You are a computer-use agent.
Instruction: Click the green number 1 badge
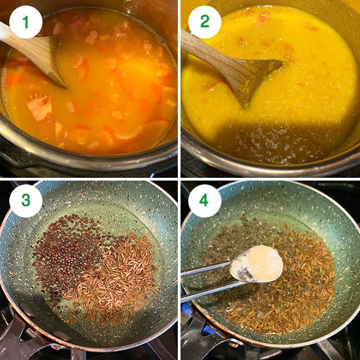click(x=26, y=22)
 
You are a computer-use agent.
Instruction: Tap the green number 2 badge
click(x=205, y=22)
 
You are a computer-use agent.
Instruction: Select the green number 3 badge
click(x=26, y=201)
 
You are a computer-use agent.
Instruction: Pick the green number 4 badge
click(x=205, y=201)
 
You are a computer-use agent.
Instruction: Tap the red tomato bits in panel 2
click(x=265, y=16)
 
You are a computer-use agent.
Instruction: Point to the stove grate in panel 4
click(x=338, y=349)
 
